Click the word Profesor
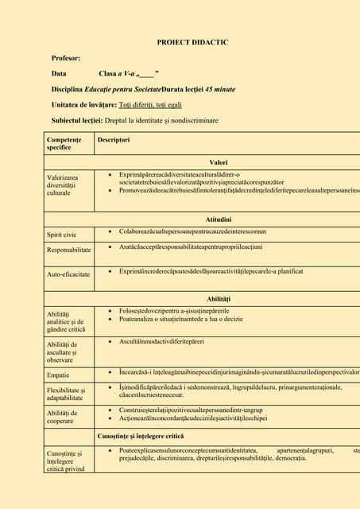(x=66, y=58)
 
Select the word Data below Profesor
(x=59, y=73)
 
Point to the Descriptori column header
(x=114, y=140)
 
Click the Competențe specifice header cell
(x=64, y=144)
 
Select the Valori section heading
(x=218, y=161)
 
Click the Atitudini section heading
(x=218, y=218)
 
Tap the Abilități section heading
(x=218, y=297)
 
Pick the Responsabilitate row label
(x=70, y=250)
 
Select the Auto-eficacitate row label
(x=69, y=274)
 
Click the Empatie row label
(x=58, y=375)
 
